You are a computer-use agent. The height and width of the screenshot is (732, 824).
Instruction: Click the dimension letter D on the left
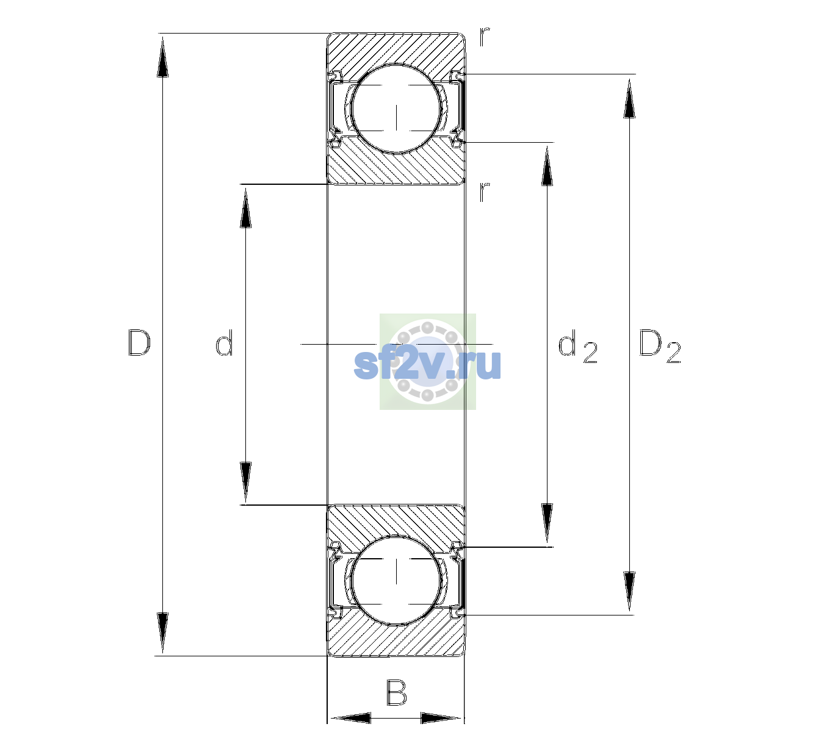[x=139, y=343]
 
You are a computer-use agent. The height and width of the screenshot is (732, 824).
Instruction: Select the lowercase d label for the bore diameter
[x=224, y=343]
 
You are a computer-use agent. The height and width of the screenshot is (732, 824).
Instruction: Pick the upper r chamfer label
[x=485, y=37]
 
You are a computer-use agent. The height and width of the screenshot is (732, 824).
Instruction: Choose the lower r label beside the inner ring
[x=485, y=192]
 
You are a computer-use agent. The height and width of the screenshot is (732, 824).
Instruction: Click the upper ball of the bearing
[x=396, y=109]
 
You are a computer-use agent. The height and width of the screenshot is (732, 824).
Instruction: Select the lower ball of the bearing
[x=396, y=579]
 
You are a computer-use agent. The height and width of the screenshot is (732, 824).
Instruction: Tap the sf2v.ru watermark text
[x=427, y=364]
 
